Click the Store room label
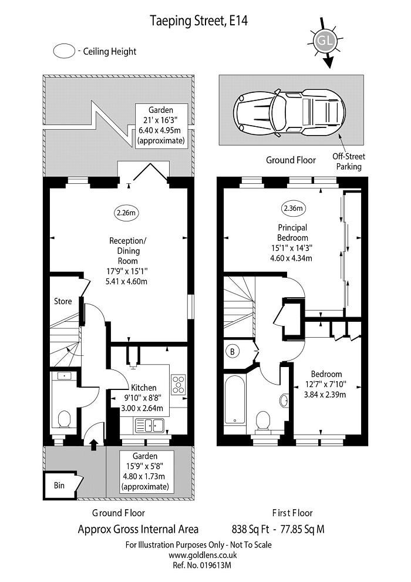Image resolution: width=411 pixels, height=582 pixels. [63, 301]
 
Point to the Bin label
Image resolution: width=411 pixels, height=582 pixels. [59, 486]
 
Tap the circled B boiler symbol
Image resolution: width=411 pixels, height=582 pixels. [233, 352]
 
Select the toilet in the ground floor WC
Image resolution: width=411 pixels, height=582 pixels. [64, 419]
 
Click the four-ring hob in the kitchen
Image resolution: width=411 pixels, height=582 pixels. [178, 385]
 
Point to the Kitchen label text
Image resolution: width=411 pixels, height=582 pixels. [143, 388]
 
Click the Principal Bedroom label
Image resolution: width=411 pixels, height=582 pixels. [292, 233]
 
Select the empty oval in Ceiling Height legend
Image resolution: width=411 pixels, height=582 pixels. [63, 51]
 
